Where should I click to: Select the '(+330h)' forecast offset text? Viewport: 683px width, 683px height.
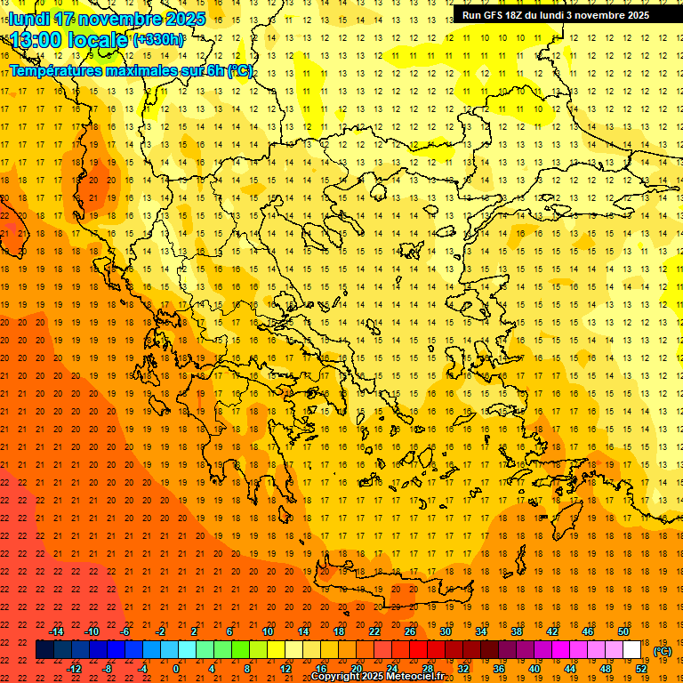pyautogui.click(x=158, y=40)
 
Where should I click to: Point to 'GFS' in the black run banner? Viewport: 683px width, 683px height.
pyautogui.click(x=494, y=15)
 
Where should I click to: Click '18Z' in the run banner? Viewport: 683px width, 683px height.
pyautogui.click(x=516, y=15)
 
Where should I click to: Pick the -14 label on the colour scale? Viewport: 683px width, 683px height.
pyautogui.click(x=56, y=631)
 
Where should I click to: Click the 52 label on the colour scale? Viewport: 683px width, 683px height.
pyautogui.click(x=641, y=669)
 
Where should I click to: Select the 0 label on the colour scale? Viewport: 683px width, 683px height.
pyautogui.click(x=176, y=669)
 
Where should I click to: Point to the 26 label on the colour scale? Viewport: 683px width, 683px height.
pyautogui.click(x=410, y=631)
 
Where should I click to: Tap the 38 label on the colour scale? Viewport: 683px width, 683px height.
pyautogui.click(x=517, y=631)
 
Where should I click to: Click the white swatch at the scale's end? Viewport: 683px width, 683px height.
pyautogui.click(x=631, y=650)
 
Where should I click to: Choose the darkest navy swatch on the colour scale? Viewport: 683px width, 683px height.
pyautogui.click(x=44, y=650)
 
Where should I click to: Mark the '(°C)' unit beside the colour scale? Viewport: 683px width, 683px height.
pyautogui.click(x=663, y=651)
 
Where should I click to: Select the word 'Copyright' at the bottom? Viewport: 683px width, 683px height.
pyautogui.click(x=335, y=677)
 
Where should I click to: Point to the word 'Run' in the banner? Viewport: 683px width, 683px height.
pyautogui.click(x=471, y=15)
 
